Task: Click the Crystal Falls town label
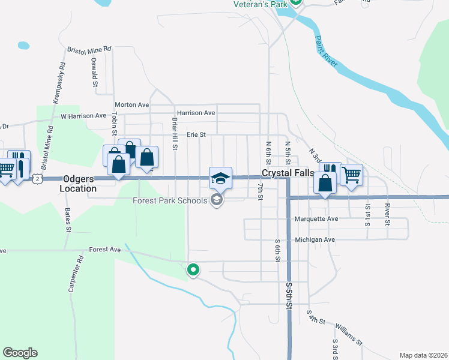tap(287, 173)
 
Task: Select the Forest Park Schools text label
tap(170, 200)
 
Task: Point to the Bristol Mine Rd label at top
tap(89, 49)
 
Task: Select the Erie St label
tap(196, 135)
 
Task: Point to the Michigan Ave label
tap(315, 239)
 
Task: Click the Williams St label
tap(349, 334)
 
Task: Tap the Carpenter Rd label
tap(73, 274)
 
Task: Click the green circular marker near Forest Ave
tap(193, 270)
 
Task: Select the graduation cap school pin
tap(220, 177)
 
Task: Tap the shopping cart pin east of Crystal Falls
tap(351, 175)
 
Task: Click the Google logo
tap(20, 353)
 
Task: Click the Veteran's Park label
tap(259, 4)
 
